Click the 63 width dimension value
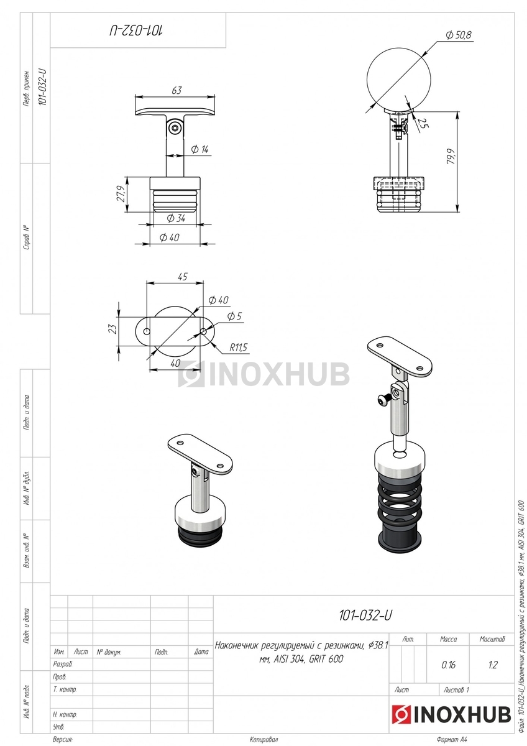click(x=176, y=90)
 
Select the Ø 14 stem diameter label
click(x=199, y=149)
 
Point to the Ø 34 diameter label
click(x=176, y=218)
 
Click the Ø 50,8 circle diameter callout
click(x=459, y=35)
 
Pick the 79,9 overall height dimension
click(x=451, y=156)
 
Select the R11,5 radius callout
click(x=239, y=348)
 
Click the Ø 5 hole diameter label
click(x=234, y=316)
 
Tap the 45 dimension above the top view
click(x=183, y=277)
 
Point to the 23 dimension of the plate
click(x=113, y=329)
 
